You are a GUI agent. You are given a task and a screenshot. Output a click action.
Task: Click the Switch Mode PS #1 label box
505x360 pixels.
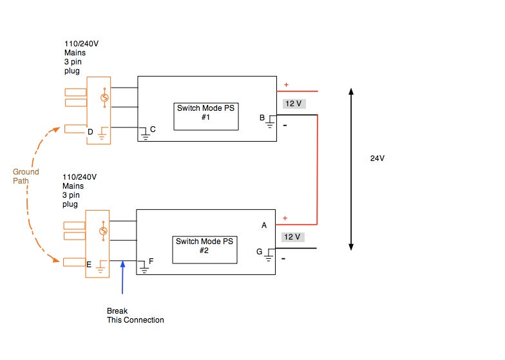click(205, 116)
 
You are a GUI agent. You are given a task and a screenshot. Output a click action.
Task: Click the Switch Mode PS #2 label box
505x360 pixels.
click(205, 249)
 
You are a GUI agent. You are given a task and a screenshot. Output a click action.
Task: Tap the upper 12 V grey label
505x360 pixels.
click(292, 104)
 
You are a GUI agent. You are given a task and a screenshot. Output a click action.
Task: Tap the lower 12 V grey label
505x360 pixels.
click(292, 237)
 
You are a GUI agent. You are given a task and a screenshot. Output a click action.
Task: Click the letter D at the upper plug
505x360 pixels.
click(90, 132)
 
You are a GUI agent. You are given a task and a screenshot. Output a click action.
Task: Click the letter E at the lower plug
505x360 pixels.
click(90, 263)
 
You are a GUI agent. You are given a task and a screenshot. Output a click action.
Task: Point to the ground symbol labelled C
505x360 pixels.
click(145, 135)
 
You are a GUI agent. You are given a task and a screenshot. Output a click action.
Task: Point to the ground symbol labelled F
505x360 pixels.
click(144, 267)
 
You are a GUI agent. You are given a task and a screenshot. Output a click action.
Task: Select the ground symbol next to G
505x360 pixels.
click(270, 254)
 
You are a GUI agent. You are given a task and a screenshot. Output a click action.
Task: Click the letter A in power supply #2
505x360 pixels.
click(263, 225)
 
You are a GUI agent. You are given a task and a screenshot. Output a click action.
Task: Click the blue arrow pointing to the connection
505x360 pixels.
click(122, 277)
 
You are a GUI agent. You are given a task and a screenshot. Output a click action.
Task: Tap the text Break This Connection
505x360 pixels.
click(135, 315)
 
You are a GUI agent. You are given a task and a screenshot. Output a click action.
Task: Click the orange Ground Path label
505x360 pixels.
click(26, 176)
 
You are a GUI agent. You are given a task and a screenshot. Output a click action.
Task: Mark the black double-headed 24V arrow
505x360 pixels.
click(351, 169)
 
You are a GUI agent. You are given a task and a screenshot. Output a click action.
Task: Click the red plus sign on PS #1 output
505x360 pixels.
click(286, 85)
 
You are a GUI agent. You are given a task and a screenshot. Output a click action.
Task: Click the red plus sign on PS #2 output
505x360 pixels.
click(285, 218)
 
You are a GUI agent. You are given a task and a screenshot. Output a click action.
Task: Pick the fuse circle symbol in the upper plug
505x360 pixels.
click(103, 98)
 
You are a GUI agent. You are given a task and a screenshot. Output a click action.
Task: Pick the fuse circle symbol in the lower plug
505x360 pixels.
click(103, 231)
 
